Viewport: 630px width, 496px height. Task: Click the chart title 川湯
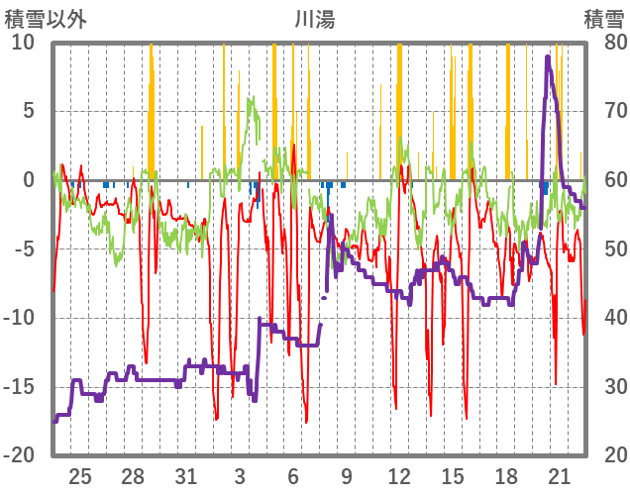coord(314,18)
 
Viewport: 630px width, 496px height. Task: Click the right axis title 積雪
coord(603,18)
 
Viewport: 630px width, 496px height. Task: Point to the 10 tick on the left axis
coord(23,43)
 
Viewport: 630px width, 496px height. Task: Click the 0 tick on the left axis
coord(28,180)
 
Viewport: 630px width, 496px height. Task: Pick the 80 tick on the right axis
coord(606,43)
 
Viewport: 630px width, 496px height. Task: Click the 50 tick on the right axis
coord(606,248)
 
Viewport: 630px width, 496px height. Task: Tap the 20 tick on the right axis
coord(606,455)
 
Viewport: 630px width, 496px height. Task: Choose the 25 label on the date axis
coord(80,475)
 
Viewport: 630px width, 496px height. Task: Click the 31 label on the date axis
coord(186,475)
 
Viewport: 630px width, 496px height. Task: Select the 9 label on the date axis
coord(346,475)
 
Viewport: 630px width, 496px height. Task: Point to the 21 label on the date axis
coord(559,475)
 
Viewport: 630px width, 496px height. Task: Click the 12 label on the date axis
coord(399,475)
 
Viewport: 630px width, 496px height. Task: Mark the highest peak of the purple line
coord(548,56)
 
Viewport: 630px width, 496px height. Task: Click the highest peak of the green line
coord(254,97)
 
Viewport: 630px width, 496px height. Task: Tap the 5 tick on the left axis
coord(28,111)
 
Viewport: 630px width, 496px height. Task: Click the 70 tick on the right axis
coord(606,111)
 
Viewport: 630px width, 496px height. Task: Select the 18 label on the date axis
coord(505,475)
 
